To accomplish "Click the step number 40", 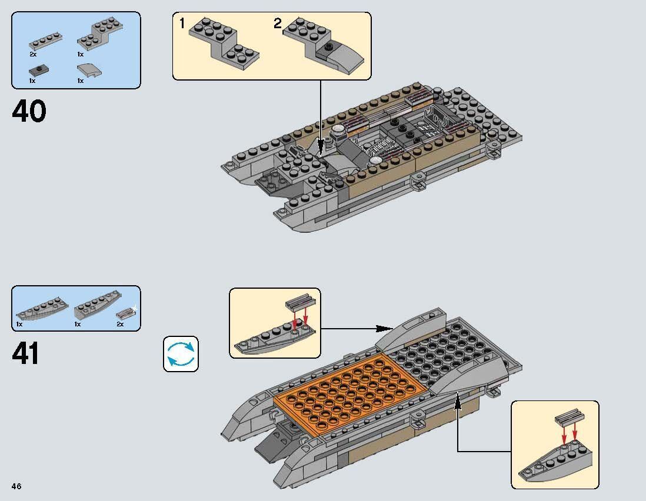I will click(x=29, y=112).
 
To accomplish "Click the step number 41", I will click(x=26, y=353).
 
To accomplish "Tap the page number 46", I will click(x=16, y=486).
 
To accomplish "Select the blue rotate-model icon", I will click(x=181, y=354).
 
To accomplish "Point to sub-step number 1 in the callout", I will click(x=182, y=24).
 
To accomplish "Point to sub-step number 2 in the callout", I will click(x=278, y=24).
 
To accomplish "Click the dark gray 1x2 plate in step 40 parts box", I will click(x=38, y=69).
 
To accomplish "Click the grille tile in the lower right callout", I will click(x=568, y=419).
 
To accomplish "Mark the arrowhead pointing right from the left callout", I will click(x=385, y=328).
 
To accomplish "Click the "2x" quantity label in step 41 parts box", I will click(x=120, y=324).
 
